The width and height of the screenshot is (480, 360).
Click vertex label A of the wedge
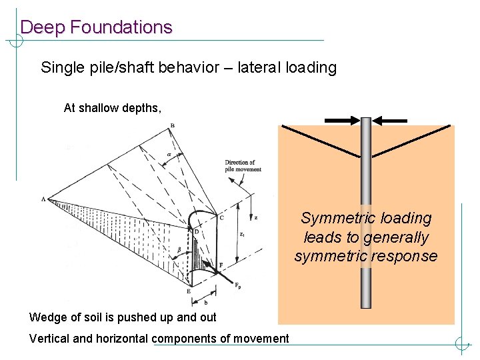(x=43, y=199)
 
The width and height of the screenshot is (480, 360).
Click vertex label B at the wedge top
(x=173, y=126)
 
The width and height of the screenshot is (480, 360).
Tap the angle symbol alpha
(x=169, y=154)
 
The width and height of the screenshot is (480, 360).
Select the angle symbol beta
(x=179, y=249)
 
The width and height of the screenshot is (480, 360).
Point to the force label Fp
(x=238, y=285)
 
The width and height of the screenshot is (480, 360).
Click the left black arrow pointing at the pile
(x=342, y=121)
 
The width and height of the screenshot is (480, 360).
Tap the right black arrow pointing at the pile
(x=390, y=121)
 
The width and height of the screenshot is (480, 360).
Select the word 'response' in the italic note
(x=407, y=256)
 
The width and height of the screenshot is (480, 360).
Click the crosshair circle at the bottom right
(x=462, y=345)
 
